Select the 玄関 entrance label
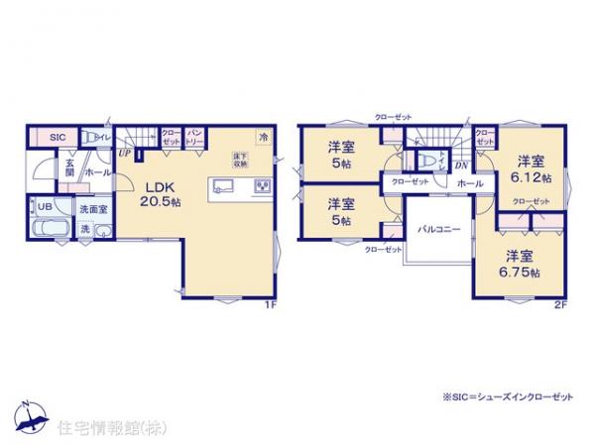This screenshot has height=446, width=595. click(x=69, y=168)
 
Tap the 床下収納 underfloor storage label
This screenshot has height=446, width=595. click(x=240, y=159)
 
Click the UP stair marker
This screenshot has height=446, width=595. click(x=125, y=154)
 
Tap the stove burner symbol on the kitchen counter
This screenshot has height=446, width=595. click(x=263, y=184)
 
